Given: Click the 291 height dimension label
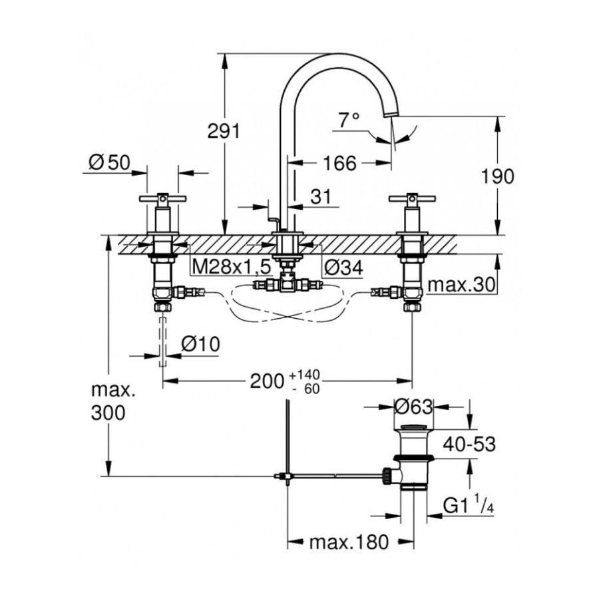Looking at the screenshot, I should coord(223,132).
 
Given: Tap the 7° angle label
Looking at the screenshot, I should coord(349,120).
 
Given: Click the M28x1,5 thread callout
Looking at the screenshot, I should coord(231,267).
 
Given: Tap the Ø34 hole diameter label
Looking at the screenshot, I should coord(343,267).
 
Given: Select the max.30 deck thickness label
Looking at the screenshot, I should coord(461,285).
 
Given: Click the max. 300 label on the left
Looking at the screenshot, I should coord(107,401).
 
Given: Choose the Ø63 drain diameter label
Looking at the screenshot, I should coord(413,406).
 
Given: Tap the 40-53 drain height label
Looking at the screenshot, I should coord(471,444).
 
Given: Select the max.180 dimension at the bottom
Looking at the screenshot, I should coord(348,542).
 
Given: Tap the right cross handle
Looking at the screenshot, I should coord(412,198).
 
